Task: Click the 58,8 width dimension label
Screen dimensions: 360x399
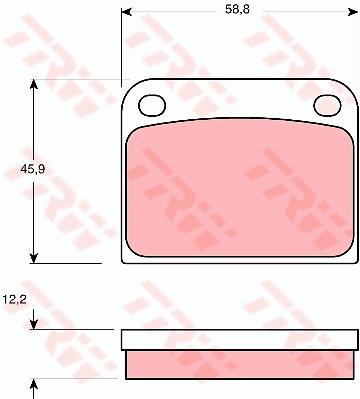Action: click(237, 10)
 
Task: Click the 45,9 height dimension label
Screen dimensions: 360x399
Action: click(32, 169)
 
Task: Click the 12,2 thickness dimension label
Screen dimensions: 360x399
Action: click(15, 300)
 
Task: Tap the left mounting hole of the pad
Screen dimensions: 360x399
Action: click(152, 105)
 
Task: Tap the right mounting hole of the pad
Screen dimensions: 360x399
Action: click(328, 105)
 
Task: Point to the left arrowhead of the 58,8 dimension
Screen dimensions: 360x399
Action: click(126, 12)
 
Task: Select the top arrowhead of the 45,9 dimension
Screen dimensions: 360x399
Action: click(33, 84)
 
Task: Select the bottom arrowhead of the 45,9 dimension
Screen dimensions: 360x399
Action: click(33, 258)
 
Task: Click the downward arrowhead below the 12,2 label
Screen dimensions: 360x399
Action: click(33, 324)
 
